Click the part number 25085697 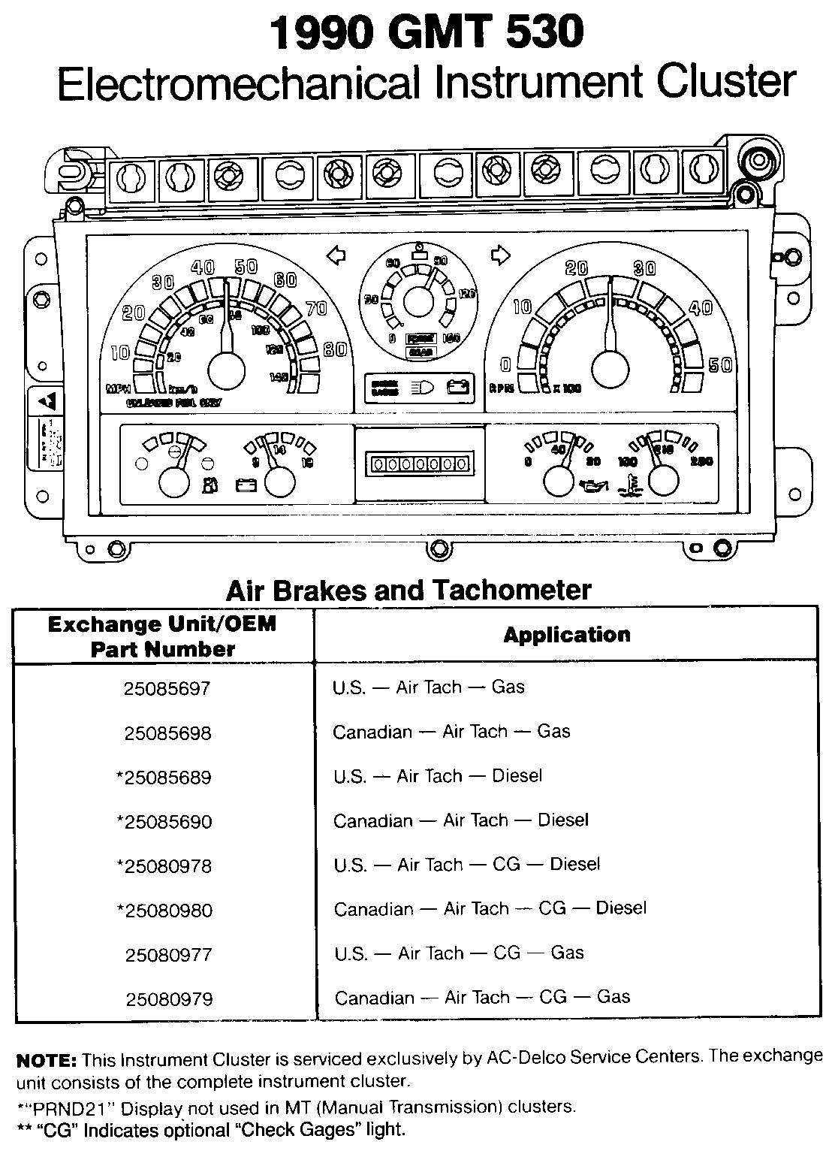coord(167,688)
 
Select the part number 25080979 coord(169,999)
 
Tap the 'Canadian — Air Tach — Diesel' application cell coord(461,820)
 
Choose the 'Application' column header coord(566,635)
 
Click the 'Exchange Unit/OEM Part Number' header coord(162,636)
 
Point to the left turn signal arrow coord(337,256)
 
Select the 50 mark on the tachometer coord(720,365)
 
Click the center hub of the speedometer coord(226,370)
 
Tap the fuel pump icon coord(209,485)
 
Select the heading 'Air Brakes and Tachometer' coord(408,590)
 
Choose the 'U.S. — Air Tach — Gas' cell coord(428,687)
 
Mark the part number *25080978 coord(164,866)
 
